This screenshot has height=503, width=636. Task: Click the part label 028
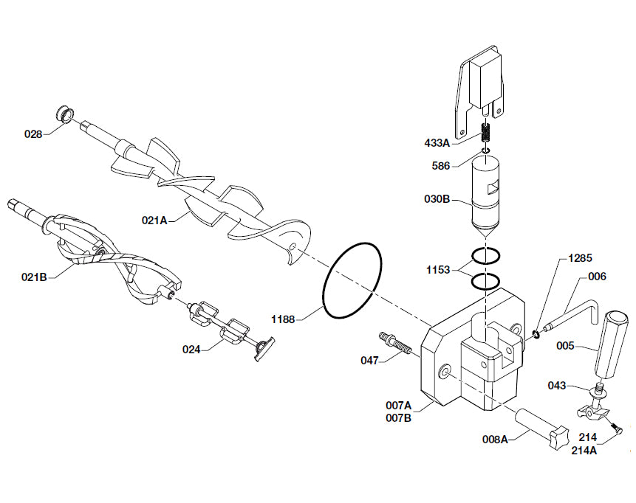pyautogui.click(x=33, y=134)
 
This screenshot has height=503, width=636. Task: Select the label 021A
pyautogui.click(x=154, y=221)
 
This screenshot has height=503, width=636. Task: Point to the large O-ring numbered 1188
pyautogui.click(x=352, y=280)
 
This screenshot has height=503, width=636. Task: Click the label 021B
pyautogui.click(x=34, y=277)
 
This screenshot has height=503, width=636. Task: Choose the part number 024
pyautogui.click(x=191, y=350)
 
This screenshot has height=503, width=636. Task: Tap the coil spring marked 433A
pyautogui.click(x=486, y=132)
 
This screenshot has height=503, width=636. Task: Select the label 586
pyautogui.click(x=441, y=166)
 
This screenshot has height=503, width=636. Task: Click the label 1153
pyautogui.click(x=438, y=270)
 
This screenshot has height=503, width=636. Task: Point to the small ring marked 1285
pyautogui.click(x=536, y=335)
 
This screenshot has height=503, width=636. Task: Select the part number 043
pyautogui.click(x=556, y=385)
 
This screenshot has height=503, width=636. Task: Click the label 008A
pyautogui.click(x=495, y=440)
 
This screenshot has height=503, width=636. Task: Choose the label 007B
pyautogui.click(x=398, y=418)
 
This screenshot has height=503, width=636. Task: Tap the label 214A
pyautogui.click(x=584, y=451)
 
